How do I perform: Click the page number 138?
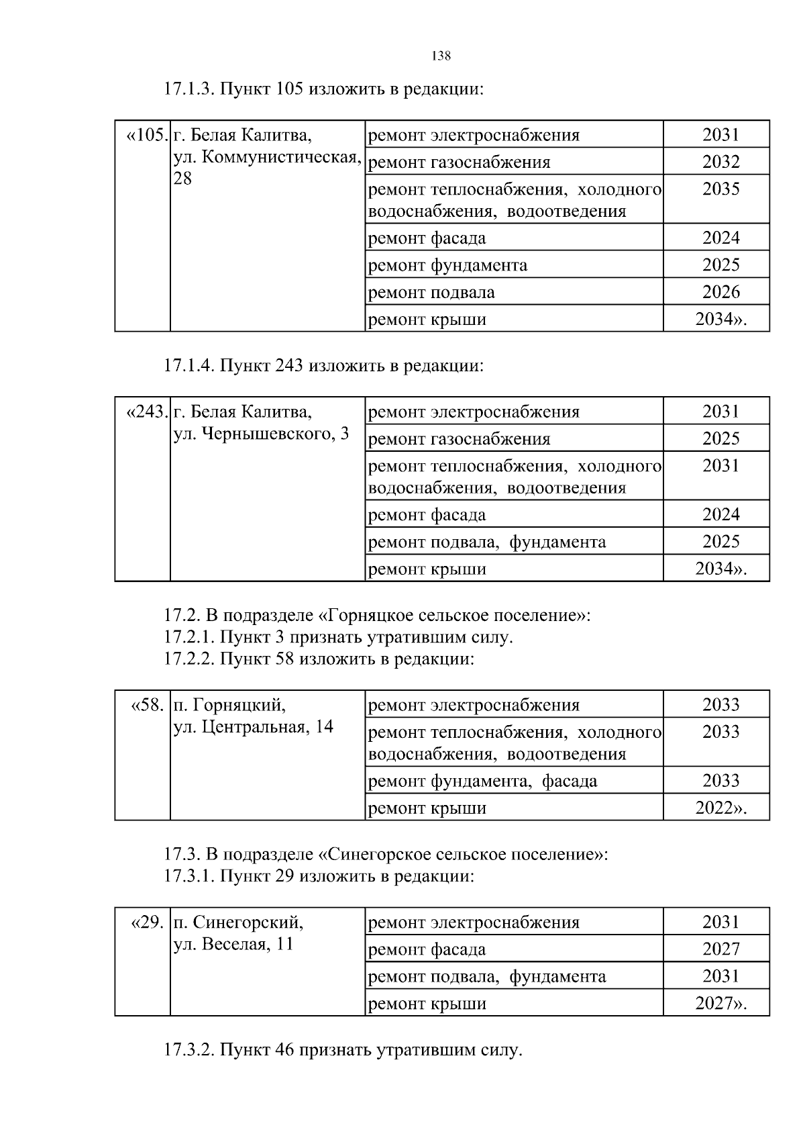click(x=441, y=56)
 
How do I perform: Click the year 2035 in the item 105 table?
click(x=720, y=189)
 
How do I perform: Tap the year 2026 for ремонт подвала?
click(x=720, y=292)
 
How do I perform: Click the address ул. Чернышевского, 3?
click(x=261, y=434)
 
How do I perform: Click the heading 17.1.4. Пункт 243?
click(x=323, y=366)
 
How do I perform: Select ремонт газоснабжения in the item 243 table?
click(x=460, y=439)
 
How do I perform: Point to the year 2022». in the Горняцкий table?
click(x=720, y=808)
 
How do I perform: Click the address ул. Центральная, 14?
click(x=253, y=727)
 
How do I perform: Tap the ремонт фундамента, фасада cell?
click(x=483, y=781)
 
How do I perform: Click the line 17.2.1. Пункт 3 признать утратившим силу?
click(x=338, y=637)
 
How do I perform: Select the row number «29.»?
click(x=147, y=922)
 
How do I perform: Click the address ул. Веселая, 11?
click(x=233, y=944)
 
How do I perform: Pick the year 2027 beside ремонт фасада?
click(x=720, y=949)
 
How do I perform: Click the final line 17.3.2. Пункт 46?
click(x=342, y=1050)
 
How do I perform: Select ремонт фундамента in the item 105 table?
click(x=448, y=265)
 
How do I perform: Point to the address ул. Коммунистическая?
click(x=266, y=157)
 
